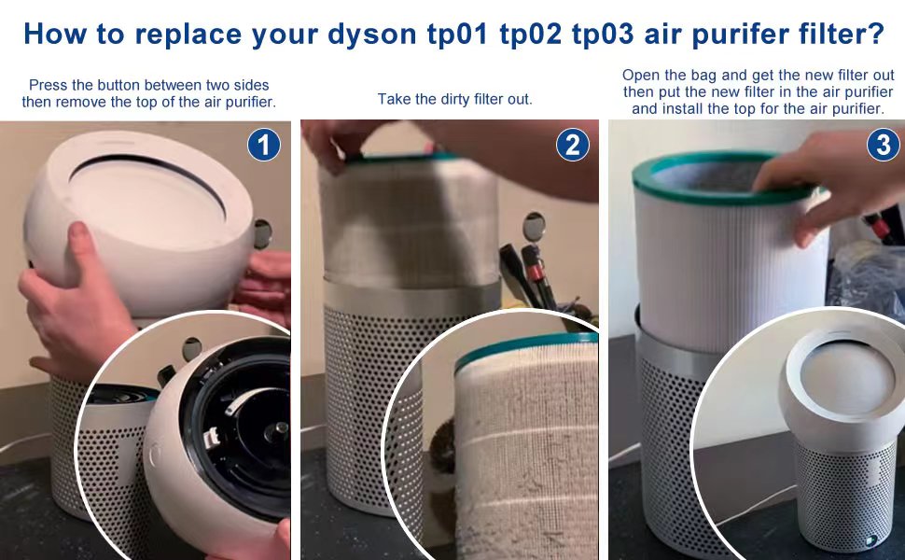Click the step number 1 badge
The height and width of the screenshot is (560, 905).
(264, 145)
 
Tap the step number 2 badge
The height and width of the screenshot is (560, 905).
(572, 145)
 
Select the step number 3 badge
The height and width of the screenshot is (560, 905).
(883, 145)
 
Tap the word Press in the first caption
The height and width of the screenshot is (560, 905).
(49, 85)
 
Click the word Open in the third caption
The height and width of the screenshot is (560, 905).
(641, 75)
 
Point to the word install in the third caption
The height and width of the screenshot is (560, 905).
(687, 108)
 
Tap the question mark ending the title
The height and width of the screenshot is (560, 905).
(875, 34)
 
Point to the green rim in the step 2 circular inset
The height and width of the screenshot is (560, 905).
(522, 345)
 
